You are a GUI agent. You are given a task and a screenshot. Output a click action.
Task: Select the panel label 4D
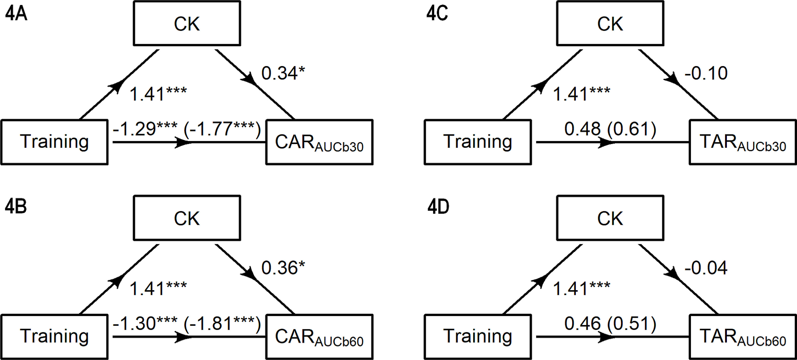(438, 207)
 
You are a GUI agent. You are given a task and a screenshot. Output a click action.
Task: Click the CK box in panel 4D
(610, 218)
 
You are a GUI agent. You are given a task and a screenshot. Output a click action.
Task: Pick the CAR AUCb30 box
(319, 142)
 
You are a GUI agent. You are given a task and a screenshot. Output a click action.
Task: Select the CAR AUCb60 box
(319, 337)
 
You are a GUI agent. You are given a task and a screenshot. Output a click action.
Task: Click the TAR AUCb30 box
(742, 142)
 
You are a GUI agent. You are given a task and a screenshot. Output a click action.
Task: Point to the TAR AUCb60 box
(742, 337)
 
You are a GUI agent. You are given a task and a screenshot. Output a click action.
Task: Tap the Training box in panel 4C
(478, 142)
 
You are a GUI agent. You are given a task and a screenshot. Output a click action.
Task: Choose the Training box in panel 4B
(55, 337)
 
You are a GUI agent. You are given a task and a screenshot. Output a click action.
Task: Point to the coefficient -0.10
(706, 74)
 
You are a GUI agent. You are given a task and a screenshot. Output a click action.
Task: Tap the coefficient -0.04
(706, 268)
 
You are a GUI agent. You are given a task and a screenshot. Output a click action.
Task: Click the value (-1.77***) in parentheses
(222, 129)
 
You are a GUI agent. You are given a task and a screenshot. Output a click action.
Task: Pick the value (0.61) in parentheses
(631, 129)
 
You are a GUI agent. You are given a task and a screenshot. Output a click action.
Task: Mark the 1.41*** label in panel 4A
(158, 94)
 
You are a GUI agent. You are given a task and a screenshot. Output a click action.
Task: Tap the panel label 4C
(437, 14)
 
